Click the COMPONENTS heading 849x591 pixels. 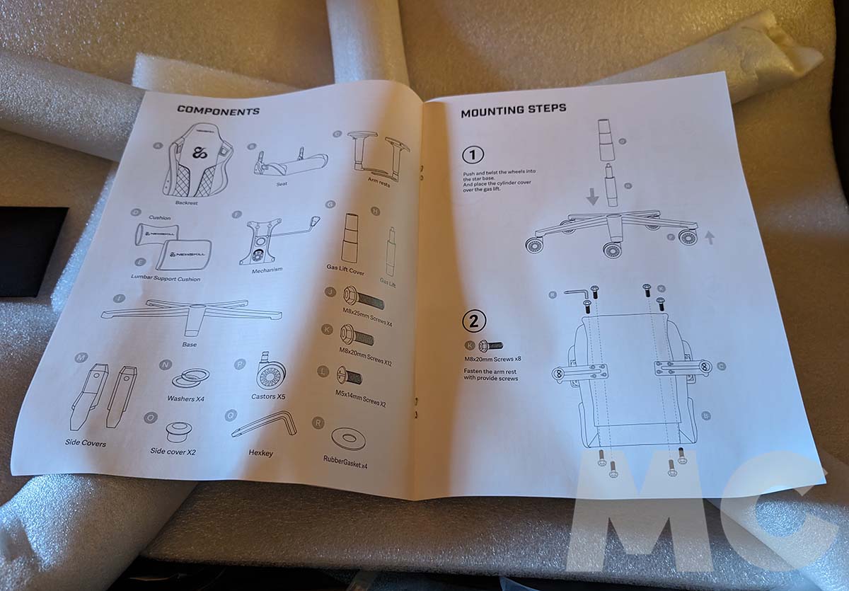tap(218, 110)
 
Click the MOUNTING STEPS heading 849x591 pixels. tap(513, 110)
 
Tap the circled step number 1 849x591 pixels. tap(472, 154)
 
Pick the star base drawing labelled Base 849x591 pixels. tap(192, 312)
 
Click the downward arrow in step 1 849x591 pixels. tap(592, 196)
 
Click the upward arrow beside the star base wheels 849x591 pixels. tap(708, 239)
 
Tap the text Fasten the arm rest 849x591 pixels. tap(488, 369)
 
